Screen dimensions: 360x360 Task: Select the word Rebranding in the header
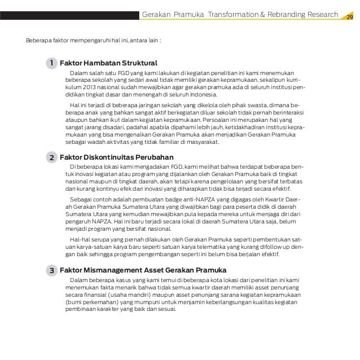(x=288, y=14)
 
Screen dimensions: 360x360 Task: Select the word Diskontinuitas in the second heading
(x=112, y=157)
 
